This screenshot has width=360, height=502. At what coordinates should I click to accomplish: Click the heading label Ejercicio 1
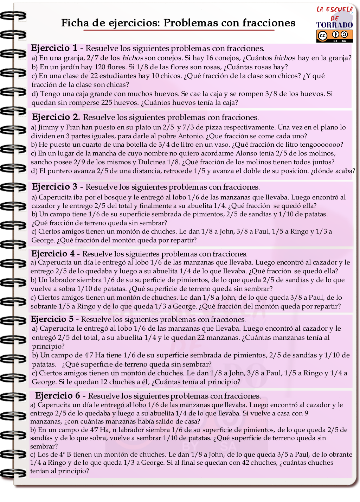[x=54, y=48]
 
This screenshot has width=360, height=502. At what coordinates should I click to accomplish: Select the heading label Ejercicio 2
[x=56, y=117]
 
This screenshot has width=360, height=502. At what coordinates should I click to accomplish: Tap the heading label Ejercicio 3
[x=54, y=187]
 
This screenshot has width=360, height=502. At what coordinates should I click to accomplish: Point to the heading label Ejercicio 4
[x=53, y=254]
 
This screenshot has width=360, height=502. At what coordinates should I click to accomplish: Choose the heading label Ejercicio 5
[x=52, y=319]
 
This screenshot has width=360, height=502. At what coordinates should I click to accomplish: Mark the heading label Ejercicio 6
[x=58, y=396]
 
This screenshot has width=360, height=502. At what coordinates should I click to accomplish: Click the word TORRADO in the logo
[x=334, y=25]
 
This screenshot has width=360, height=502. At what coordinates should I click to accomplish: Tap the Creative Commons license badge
[x=334, y=36]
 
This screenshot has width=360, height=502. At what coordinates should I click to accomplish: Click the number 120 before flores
[x=100, y=67]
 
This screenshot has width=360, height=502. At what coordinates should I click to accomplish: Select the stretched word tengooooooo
[x=322, y=145]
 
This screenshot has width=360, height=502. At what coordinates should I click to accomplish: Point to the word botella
[x=117, y=145]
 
